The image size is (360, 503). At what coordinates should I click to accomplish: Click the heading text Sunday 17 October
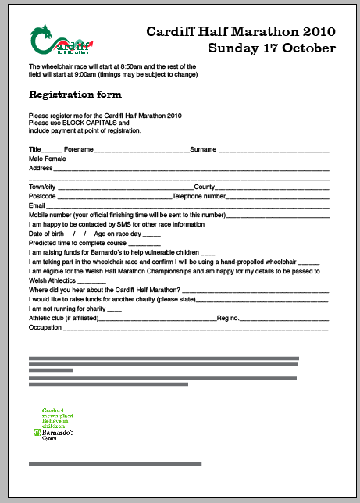(x=272, y=48)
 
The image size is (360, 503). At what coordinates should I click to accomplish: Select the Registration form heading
(x=75, y=95)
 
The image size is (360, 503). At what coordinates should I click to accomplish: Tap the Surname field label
(x=203, y=148)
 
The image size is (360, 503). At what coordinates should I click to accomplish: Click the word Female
(x=55, y=158)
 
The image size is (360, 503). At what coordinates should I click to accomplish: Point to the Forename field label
(x=79, y=148)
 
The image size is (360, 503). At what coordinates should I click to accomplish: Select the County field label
(x=204, y=187)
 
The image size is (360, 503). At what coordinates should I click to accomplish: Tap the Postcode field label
(x=43, y=196)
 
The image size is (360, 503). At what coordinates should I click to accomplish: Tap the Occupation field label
(x=45, y=327)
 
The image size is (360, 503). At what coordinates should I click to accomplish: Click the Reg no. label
(x=228, y=318)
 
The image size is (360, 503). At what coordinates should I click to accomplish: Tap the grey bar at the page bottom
(x=115, y=464)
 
